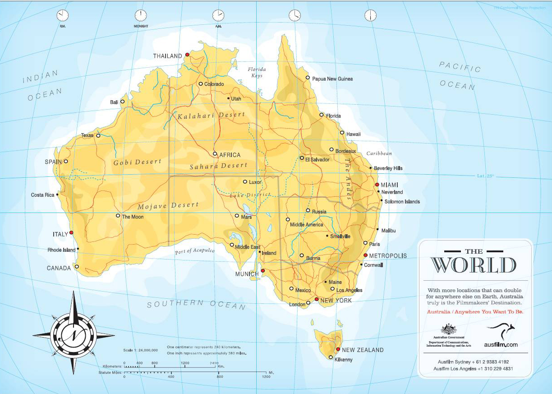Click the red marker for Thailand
(x=187, y=55)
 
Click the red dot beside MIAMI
(x=377, y=185)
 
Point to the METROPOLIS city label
(x=388, y=256)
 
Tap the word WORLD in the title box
(x=473, y=265)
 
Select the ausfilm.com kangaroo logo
(x=501, y=334)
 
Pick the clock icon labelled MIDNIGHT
(x=141, y=15)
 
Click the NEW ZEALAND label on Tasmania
(x=363, y=350)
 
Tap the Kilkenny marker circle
(x=331, y=358)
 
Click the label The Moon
(x=133, y=217)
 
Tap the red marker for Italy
(x=71, y=233)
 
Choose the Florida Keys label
(x=257, y=72)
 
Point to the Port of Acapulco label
(x=195, y=251)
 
